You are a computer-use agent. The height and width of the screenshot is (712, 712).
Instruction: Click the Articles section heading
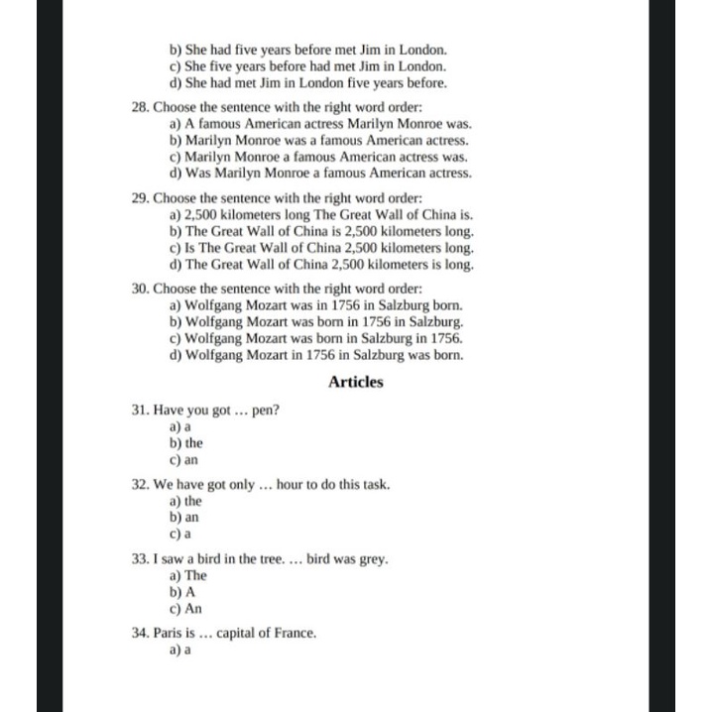355,382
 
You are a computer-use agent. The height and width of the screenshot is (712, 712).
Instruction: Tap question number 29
140,197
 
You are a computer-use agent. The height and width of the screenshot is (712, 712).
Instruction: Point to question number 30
140,289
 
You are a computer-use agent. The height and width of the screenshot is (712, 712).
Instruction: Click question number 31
140,410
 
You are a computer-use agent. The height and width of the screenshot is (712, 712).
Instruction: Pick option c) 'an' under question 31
184,460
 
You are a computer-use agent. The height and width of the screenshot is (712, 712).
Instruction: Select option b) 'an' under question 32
184,518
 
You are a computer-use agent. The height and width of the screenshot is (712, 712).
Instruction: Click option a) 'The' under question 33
188,575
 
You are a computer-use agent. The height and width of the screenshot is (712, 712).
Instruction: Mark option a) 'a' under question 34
180,651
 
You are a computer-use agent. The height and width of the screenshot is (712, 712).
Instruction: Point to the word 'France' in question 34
297,633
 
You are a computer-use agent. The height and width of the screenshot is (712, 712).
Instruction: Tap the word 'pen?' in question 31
266,410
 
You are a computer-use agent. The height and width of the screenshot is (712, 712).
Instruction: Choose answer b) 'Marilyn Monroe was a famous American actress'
319,140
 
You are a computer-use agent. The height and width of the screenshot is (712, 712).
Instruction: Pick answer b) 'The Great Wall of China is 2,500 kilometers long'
321,231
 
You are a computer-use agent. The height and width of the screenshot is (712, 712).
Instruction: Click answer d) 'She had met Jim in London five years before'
307,82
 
